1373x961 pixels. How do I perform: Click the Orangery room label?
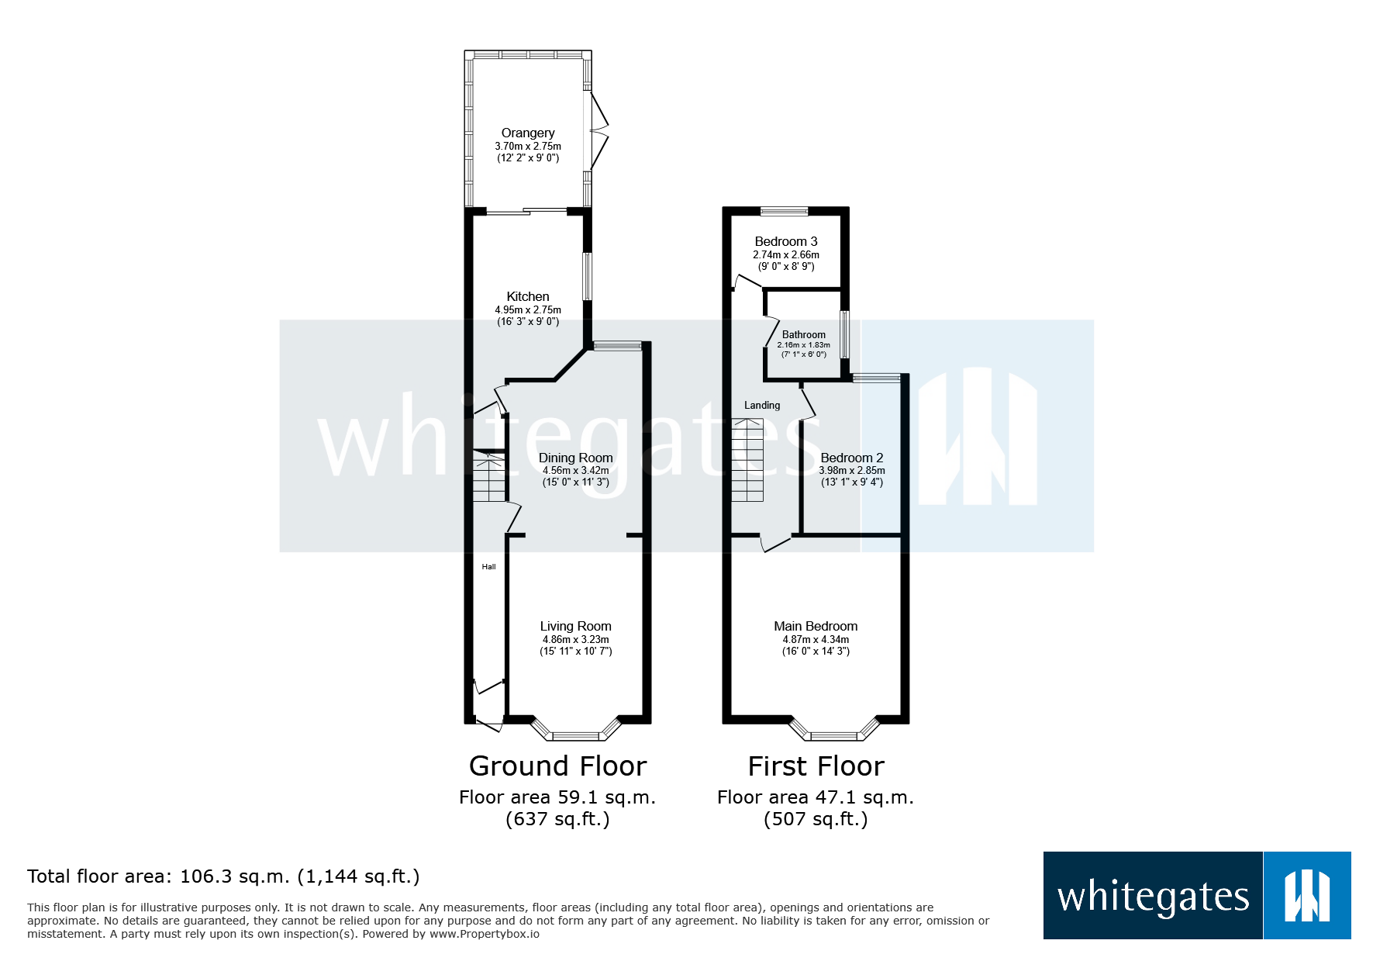[x=527, y=133]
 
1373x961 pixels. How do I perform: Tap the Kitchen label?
[x=527, y=297]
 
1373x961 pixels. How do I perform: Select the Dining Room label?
[x=575, y=458]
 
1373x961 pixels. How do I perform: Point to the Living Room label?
[x=575, y=627]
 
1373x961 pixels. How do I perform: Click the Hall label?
[x=488, y=567]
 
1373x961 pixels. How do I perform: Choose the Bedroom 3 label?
[x=785, y=242]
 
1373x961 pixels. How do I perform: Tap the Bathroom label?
[x=803, y=335]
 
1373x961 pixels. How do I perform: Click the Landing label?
[x=762, y=406]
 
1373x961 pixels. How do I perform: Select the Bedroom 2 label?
[x=851, y=458]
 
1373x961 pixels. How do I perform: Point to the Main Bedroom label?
[x=816, y=627]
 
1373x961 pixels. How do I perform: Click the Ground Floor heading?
[x=557, y=766]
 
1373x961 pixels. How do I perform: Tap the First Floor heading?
[x=816, y=766]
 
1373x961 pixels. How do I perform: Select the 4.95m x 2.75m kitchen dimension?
[x=527, y=310]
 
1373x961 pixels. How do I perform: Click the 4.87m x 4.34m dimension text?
[x=816, y=640]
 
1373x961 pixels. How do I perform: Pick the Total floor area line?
[x=223, y=876]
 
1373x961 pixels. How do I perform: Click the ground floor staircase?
[x=489, y=477]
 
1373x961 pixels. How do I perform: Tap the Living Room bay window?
[x=575, y=733]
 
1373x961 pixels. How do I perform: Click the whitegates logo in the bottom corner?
[x=1196, y=896]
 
